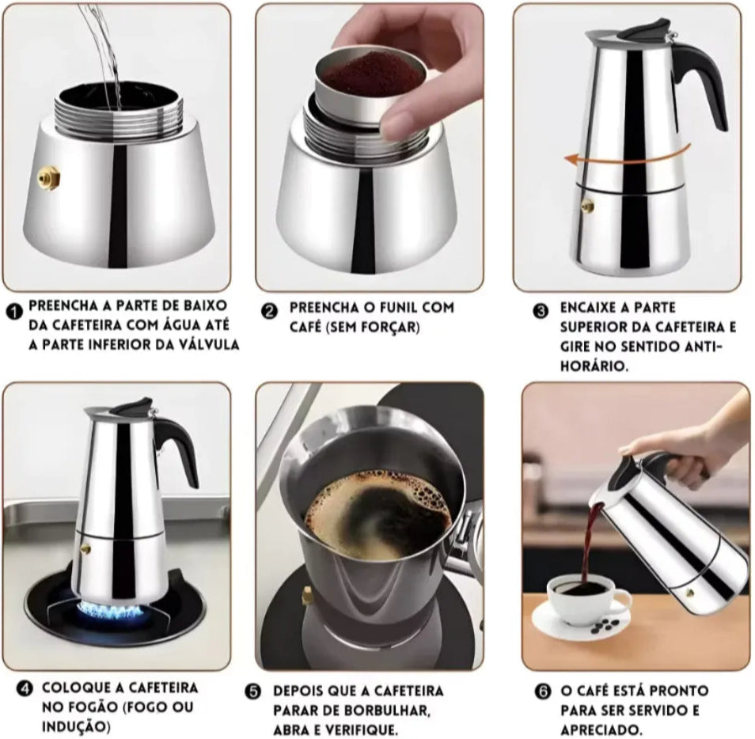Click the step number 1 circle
tap(14, 312)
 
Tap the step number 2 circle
tap(269, 311)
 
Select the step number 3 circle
tap(541, 311)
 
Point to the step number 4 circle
tap(24, 688)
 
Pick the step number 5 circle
tap(252, 692)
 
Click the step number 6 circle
tap(543, 692)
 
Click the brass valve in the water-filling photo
tap(49, 178)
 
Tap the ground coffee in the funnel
tap(371, 76)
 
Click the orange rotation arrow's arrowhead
tap(572, 159)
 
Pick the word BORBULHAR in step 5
tap(379, 711)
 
